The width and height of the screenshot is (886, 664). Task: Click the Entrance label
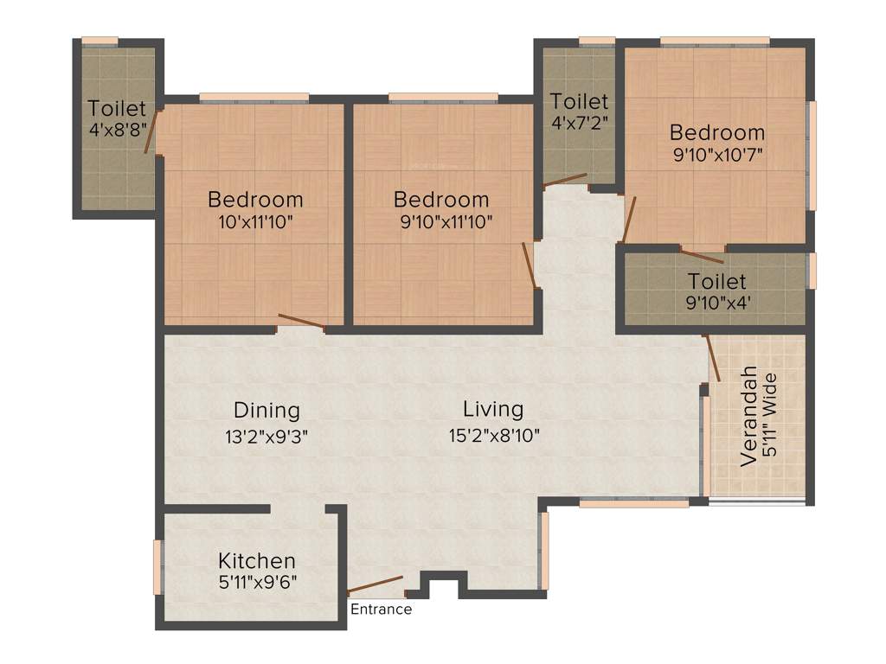381,610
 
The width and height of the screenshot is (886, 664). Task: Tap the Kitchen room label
256,560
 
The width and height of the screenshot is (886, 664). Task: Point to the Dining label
266,410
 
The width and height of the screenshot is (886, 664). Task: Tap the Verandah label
749,418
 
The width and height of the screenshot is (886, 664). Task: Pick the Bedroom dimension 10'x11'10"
255,221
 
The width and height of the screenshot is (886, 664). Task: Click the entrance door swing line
376,584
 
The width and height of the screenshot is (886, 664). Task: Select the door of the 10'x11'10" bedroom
301,322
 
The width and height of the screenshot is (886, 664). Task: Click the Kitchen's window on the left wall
157,566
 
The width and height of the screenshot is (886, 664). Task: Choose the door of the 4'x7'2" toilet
564,180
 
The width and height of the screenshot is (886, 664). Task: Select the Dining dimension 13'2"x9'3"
266,436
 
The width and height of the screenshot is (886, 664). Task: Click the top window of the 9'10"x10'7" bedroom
715,41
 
